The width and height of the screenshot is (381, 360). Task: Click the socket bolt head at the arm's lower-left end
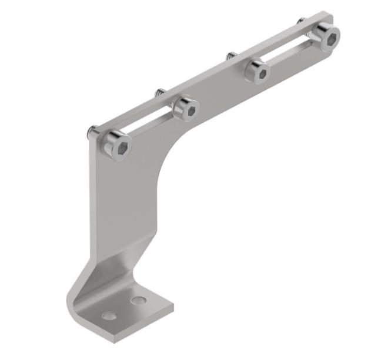pos(116,144)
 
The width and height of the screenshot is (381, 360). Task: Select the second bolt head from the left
pos(185,108)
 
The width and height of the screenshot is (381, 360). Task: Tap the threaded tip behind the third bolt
pos(230,56)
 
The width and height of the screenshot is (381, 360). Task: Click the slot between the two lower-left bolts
pos(152,122)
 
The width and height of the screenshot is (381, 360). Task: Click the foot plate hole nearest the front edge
pos(109,316)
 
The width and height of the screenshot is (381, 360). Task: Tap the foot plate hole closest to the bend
pos(138,301)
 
